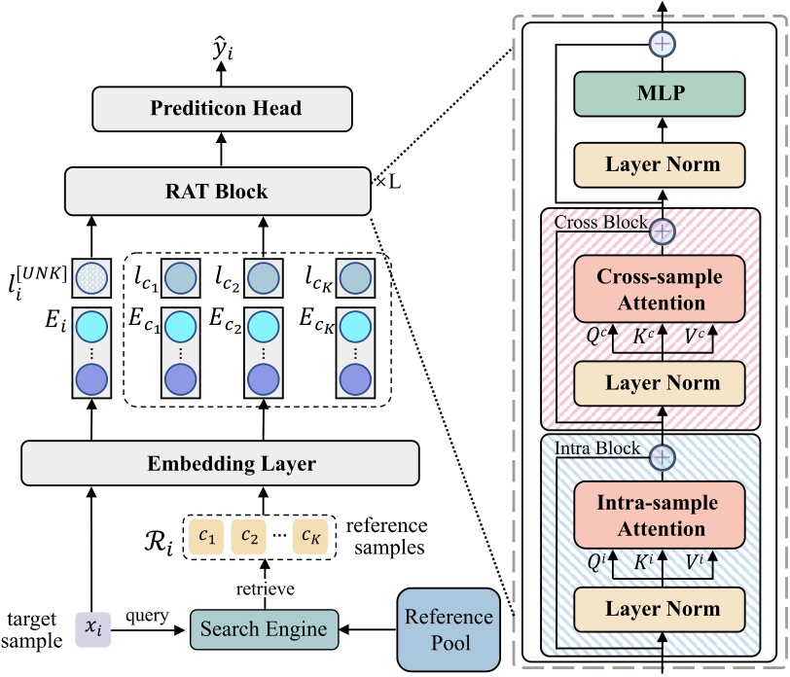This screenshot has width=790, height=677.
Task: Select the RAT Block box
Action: [x=219, y=191]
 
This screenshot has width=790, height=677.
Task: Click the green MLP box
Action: [x=662, y=96]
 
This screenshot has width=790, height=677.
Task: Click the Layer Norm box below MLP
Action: [x=662, y=163]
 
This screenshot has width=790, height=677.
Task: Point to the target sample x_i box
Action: [x=92, y=628]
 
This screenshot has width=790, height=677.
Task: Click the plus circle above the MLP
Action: [x=662, y=43]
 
